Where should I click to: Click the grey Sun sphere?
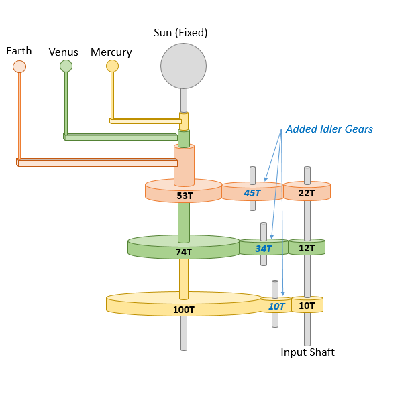[x=183, y=66]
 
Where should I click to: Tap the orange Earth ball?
[x=19, y=66]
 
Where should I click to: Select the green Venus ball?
[x=66, y=66]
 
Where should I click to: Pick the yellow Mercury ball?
[x=112, y=66]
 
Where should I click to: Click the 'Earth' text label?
[x=19, y=51]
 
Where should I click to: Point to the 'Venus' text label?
[x=64, y=52]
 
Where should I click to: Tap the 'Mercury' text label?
[x=111, y=52]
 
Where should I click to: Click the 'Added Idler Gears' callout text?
[x=329, y=129]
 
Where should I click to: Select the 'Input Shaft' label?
[x=307, y=352]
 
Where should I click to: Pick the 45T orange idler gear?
[x=252, y=192]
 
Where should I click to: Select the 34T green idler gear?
[x=264, y=247]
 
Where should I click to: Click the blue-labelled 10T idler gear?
[x=276, y=306]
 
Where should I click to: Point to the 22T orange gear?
[x=307, y=192]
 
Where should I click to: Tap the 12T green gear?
[x=307, y=247]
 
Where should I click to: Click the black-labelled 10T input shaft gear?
[x=307, y=305]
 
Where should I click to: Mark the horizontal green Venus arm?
[x=121, y=137]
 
